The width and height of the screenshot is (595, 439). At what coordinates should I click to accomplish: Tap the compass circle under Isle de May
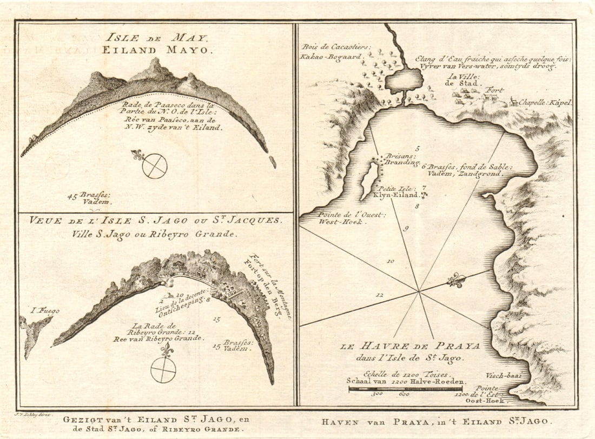155,166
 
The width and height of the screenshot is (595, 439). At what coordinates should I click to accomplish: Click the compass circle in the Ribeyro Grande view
163,370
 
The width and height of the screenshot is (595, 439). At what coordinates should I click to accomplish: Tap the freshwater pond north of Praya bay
404,81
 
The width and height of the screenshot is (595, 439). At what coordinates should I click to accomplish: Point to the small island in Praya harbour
370,179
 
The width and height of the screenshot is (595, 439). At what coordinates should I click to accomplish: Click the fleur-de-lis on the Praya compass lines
457,281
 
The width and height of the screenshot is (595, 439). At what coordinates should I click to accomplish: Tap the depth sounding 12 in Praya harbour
380,295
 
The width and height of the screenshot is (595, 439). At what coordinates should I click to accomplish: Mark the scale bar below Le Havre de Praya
405,388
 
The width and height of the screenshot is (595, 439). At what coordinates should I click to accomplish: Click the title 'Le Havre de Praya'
409,345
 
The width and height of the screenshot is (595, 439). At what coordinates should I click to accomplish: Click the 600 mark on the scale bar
404,395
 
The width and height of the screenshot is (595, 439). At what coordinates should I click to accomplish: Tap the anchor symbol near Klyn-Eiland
425,195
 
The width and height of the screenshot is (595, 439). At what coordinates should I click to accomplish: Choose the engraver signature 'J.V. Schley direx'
34,414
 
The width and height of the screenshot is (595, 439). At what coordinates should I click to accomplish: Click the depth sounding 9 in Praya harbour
406,229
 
